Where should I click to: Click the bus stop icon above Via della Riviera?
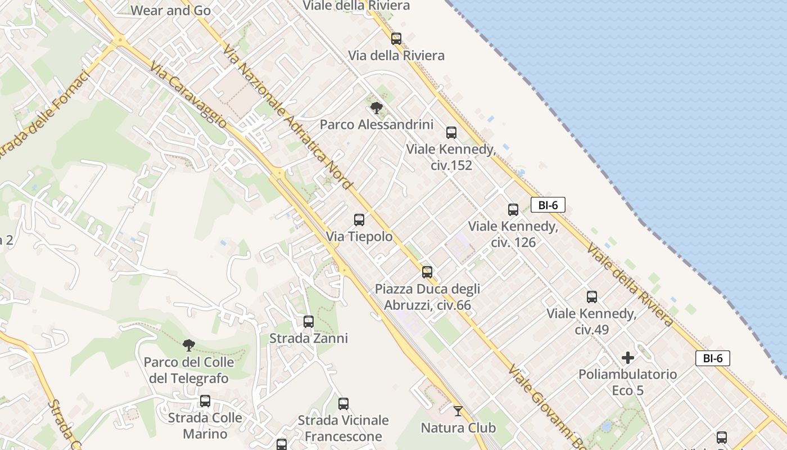click(x=396, y=39)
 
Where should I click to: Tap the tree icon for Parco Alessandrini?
click(x=377, y=107)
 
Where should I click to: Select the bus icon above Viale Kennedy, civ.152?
click(x=451, y=133)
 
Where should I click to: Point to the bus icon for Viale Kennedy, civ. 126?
click(x=513, y=210)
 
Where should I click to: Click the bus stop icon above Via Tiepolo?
click(x=359, y=220)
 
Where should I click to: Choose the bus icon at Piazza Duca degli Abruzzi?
click(x=427, y=272)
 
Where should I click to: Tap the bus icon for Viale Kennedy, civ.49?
click(x=591, y=297)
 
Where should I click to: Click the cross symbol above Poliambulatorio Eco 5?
click(x=628, y=358)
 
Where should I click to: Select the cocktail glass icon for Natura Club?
click(x=458, y=411)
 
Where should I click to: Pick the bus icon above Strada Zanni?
click(x=308, y=322)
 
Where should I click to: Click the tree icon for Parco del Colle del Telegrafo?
click(x=189, y=345)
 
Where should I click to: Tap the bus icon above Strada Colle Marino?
click(x=205, y=401)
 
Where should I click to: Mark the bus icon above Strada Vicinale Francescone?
click(x=343, y=404)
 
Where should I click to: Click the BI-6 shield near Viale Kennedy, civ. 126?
click(x=548, y=205)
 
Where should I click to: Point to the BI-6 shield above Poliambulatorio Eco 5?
click(x=712, y=358)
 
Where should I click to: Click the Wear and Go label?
click(x=170, y=10)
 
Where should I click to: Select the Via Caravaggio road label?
click(x=189, y=94)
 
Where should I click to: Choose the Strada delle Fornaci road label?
click(x=45, y=115)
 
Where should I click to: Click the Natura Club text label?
click(x=458, y=428)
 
